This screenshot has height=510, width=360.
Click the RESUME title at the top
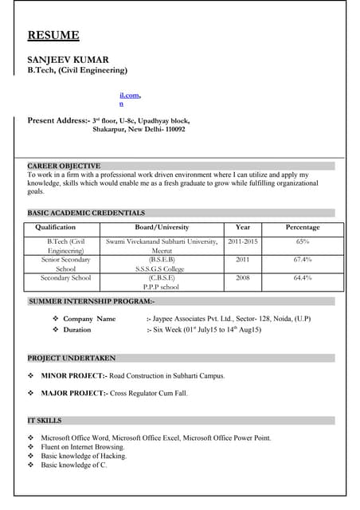53,35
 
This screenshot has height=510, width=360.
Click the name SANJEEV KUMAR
68,60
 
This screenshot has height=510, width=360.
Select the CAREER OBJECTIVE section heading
64,166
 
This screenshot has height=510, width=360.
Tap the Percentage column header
303,228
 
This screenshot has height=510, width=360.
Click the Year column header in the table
243,228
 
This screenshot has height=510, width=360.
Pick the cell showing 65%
303,241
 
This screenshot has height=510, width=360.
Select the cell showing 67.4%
303,260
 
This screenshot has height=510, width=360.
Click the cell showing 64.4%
303,278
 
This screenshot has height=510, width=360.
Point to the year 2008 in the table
243,278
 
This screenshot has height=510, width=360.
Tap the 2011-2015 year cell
243,241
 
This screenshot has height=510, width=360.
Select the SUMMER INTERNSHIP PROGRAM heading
92,302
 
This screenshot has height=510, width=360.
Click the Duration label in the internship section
77,330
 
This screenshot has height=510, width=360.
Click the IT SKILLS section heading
45,421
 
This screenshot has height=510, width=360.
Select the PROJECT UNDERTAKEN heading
72,359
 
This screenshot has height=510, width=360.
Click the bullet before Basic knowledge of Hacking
31,456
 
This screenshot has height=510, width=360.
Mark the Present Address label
57,120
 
